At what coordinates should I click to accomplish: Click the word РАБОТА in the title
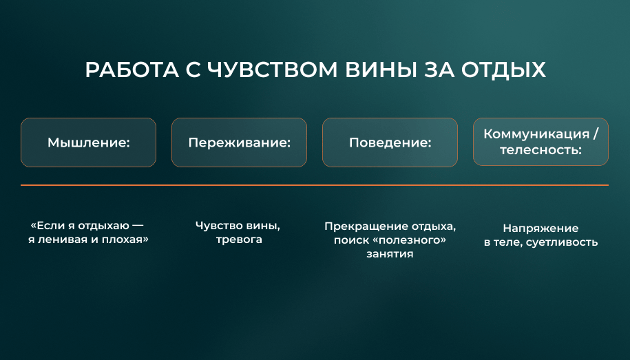coord(132,70)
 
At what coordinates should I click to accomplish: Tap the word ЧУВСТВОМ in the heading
coord(273,70)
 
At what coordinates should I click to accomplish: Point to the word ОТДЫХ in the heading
coord(503,71)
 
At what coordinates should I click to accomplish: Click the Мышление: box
coord(88,142)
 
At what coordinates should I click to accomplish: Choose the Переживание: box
coord(239,142)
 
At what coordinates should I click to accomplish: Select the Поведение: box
coord(390,142)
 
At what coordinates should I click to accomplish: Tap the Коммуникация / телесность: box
coord(540,141)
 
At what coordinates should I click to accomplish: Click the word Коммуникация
coord(536,134)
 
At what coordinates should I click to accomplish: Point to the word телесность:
coord(540,150)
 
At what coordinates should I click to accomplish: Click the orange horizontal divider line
coord(315,185)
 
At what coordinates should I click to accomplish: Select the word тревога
coord(239,240)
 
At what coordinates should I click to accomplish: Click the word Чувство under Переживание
coord(219,226)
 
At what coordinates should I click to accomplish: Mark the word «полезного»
coord(408,240)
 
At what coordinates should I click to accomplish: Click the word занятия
coord(390,254)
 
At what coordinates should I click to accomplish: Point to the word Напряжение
coord(540,229)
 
